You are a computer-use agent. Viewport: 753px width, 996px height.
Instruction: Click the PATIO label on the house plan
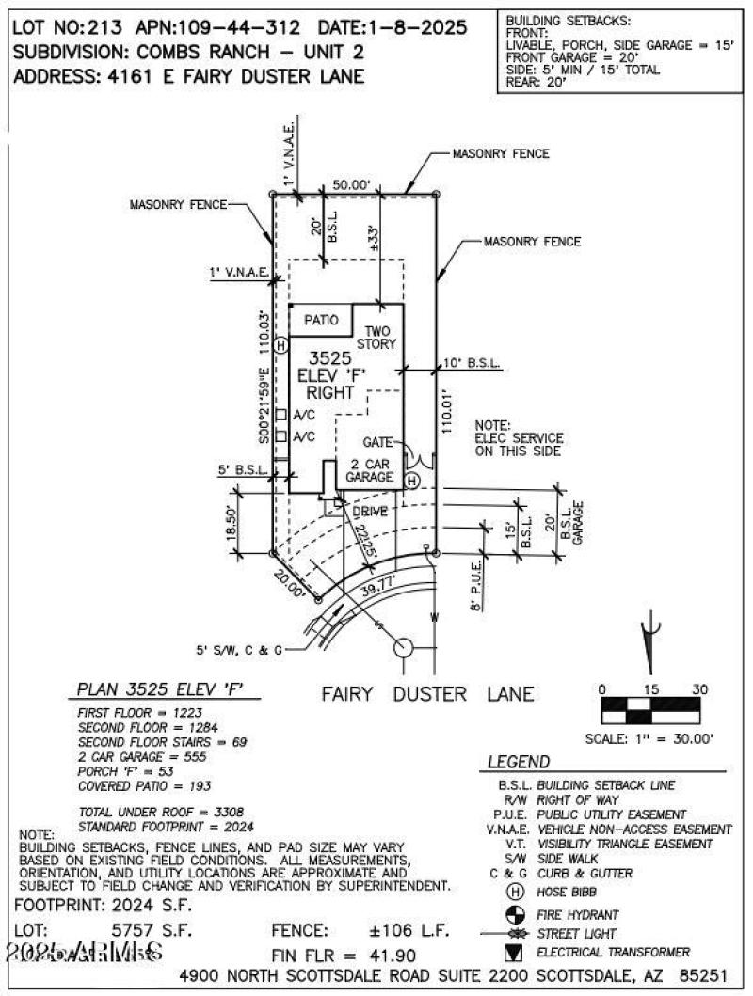pos(321,321)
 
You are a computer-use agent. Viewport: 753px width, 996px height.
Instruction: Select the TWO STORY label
pos(376,338)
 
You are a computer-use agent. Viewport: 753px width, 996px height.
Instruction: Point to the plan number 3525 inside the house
pos(331,358)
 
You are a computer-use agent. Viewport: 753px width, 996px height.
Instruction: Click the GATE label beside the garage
pos(379,442)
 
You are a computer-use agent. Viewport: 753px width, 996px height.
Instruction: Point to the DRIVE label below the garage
pos(370,511)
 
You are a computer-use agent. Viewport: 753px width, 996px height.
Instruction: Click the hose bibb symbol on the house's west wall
pos(280,345)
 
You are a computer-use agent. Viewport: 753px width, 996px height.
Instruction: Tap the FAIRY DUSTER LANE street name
pos(427,695)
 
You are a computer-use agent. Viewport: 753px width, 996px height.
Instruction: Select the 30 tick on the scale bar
pos(698,689)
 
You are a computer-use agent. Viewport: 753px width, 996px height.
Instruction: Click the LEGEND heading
pos(519,762)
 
